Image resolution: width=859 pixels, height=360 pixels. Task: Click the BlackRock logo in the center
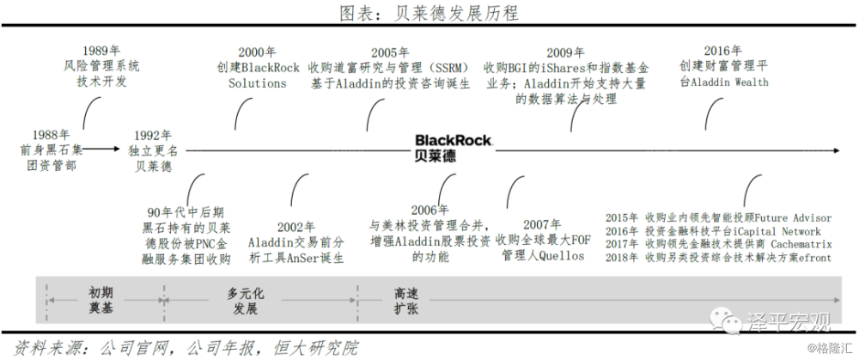[x=453, y=147]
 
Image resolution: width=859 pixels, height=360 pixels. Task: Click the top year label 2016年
[x=722, y=51]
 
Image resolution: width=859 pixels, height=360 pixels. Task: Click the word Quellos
[x=562, y=255]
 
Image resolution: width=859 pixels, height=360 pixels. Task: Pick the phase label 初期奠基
[x=101, y=299]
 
